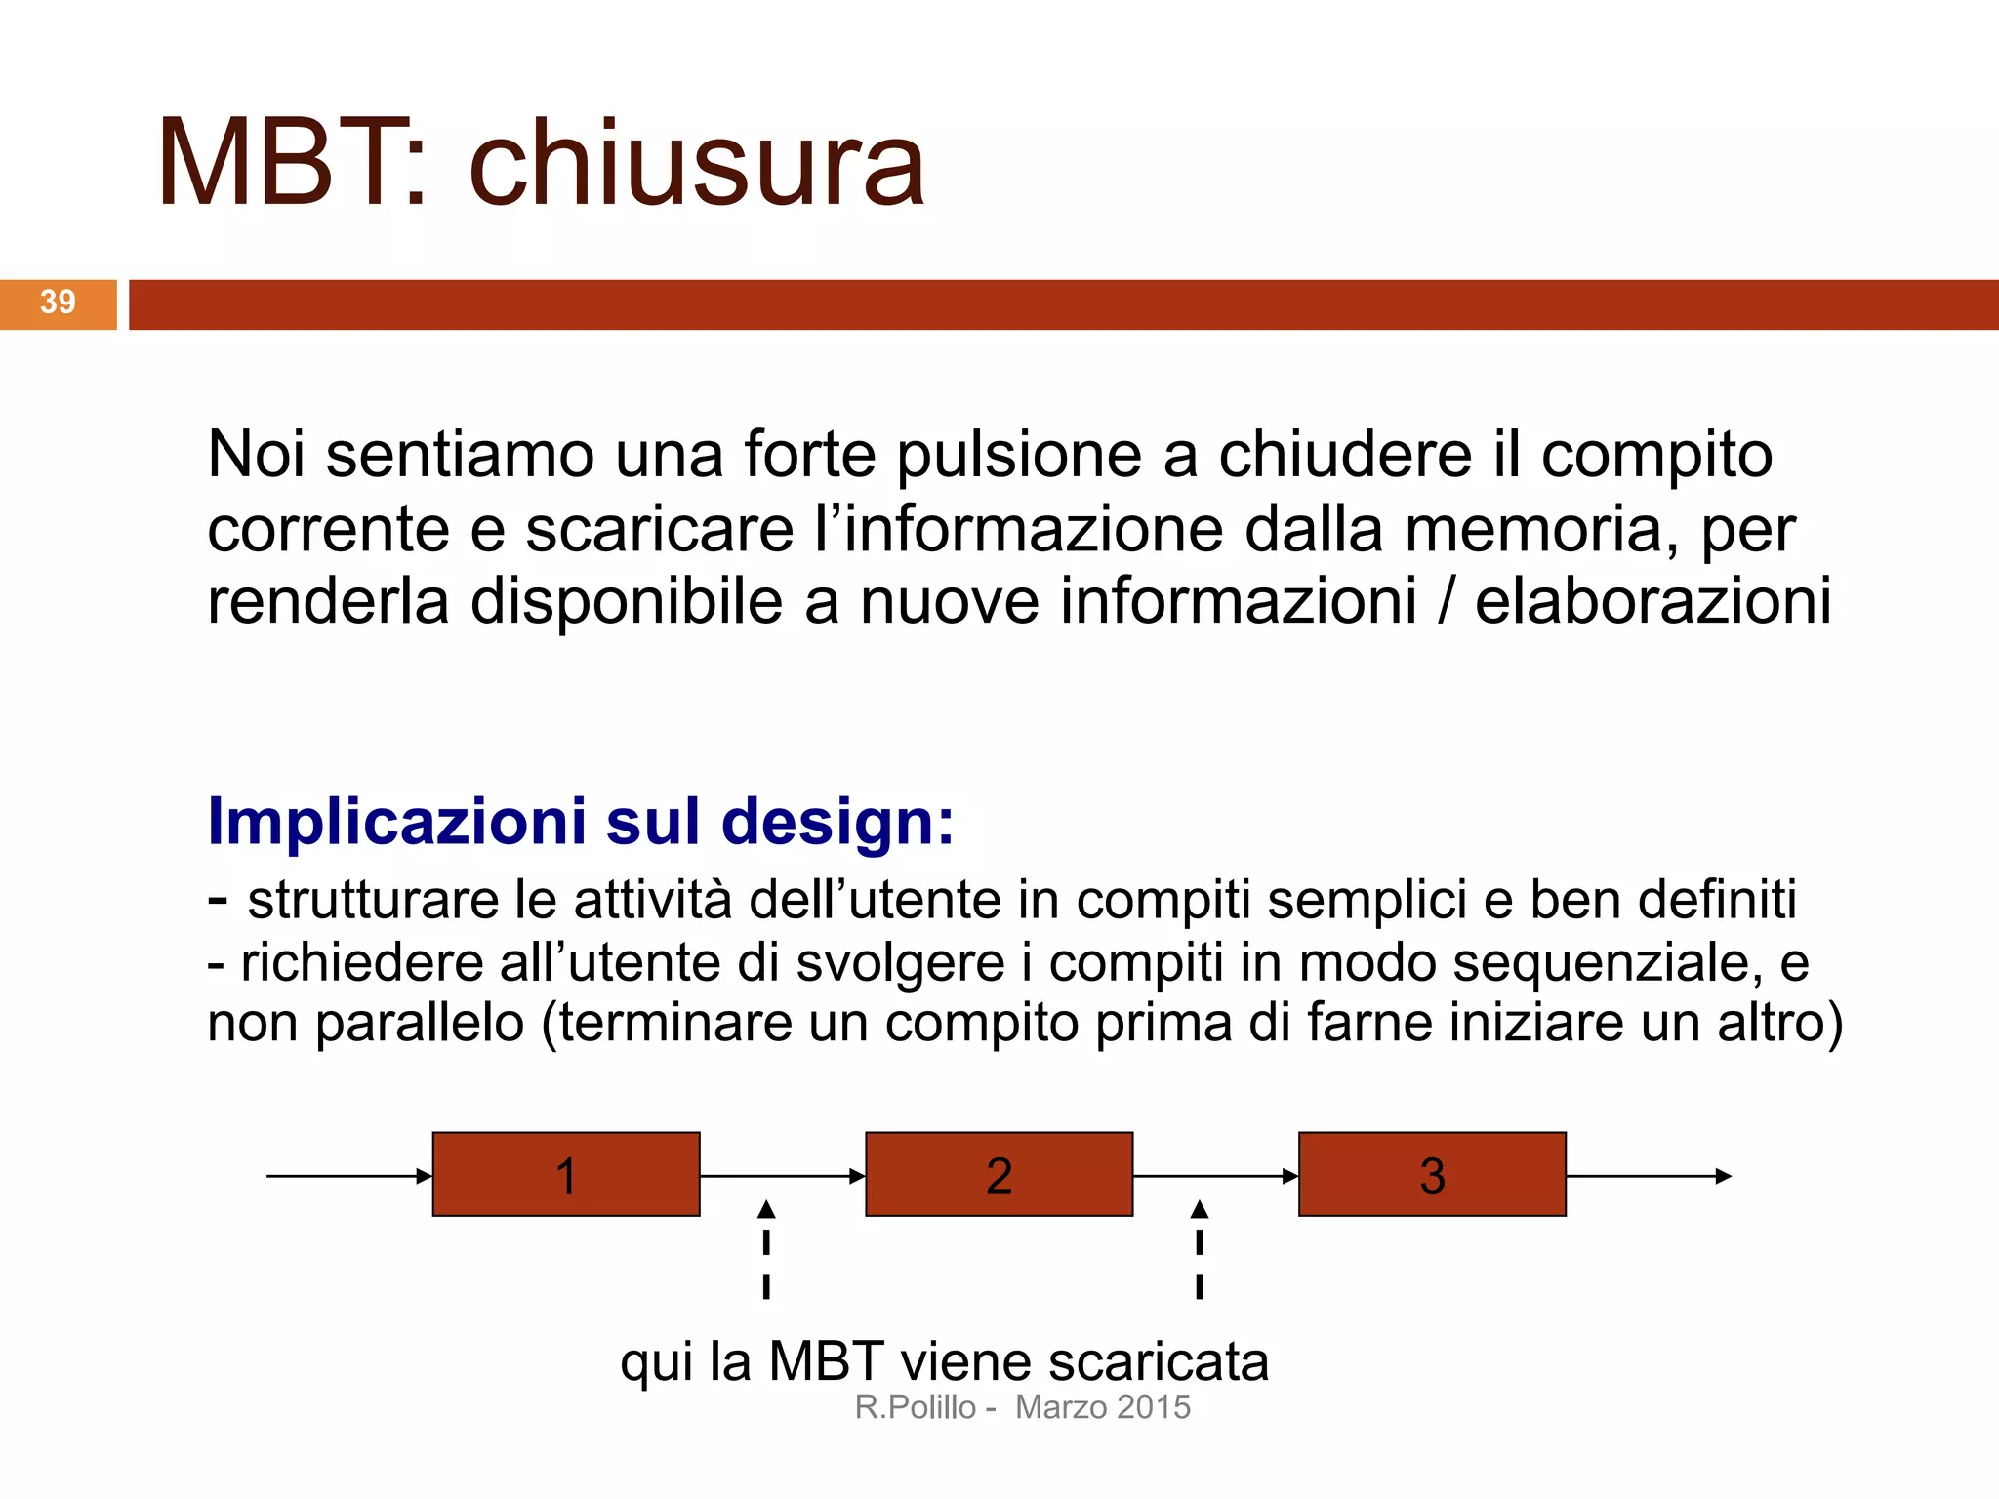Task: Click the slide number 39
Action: click(58, 303)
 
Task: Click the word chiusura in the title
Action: click(696, 164)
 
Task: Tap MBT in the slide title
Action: click(278, 164)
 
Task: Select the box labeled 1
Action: click(566, 1174)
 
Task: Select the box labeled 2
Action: click(999, 1174)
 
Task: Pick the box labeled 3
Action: click(1432, 1174)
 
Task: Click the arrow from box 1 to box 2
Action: click(782, 1176)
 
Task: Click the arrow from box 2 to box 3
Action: click(1215, 1176)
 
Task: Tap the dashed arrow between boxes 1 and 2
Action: click(766, 1249)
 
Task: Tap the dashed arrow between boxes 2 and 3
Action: click(1200, 1249)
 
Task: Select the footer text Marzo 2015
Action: click(1103, 1407)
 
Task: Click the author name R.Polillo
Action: click(916, 1407)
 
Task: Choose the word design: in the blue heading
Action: click(837, 822)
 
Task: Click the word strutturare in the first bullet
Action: click(374, 900)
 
